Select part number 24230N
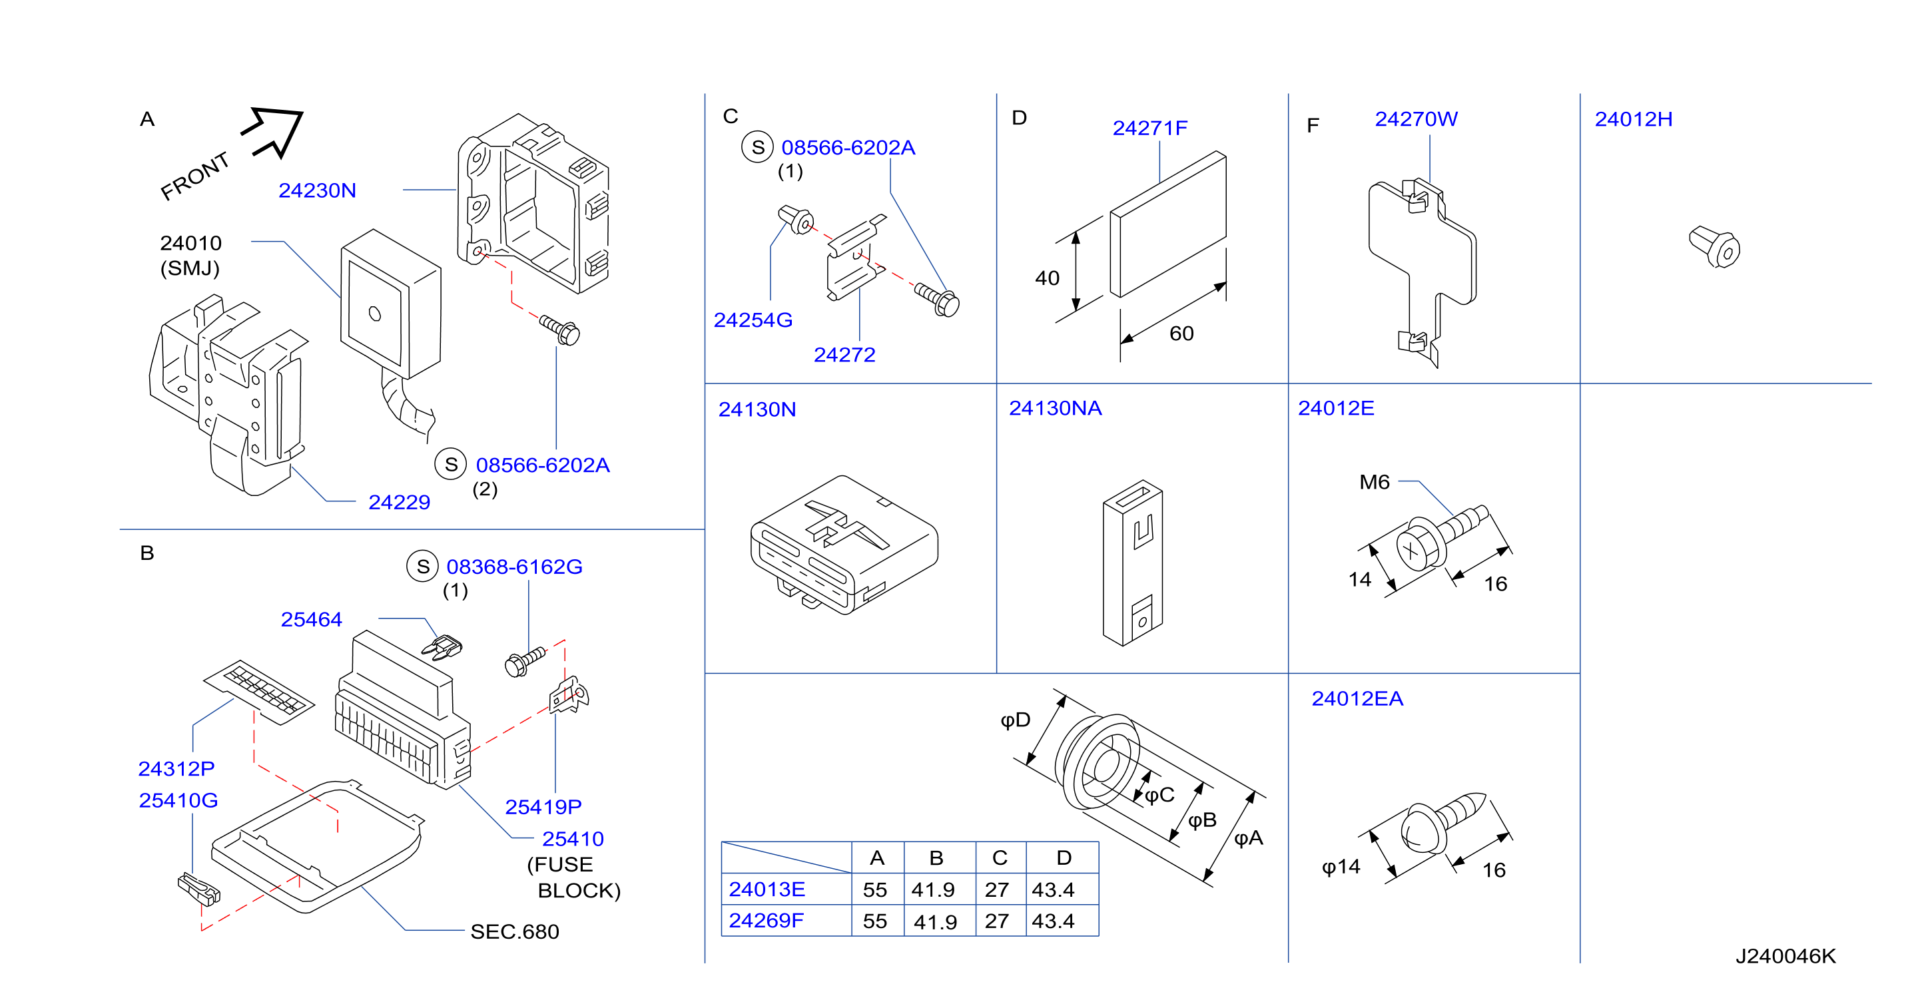(x=318, y=191)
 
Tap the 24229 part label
(x=400, y=502)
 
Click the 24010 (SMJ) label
(x=191, y=256)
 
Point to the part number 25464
(x=312, y=619)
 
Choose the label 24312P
(x=176, y=768)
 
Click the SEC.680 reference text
(x=515, y=931)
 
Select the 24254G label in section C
(x=753, y=320)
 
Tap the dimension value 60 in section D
(x=1181, y=333)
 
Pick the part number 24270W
(x=1416, y=119)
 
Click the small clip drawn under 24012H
(x=1714, y=248)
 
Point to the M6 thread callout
(x=1375, y=482)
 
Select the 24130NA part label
(x=1056, y=408)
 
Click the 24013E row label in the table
(x=767, y=889)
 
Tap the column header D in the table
(x=1064, y=858)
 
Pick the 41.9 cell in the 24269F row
(x=936, y=921)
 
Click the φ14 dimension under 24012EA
(x=1341, y=867)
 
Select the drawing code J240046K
(x=1786, y=956)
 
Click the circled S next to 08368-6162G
(x=423, y=567)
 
